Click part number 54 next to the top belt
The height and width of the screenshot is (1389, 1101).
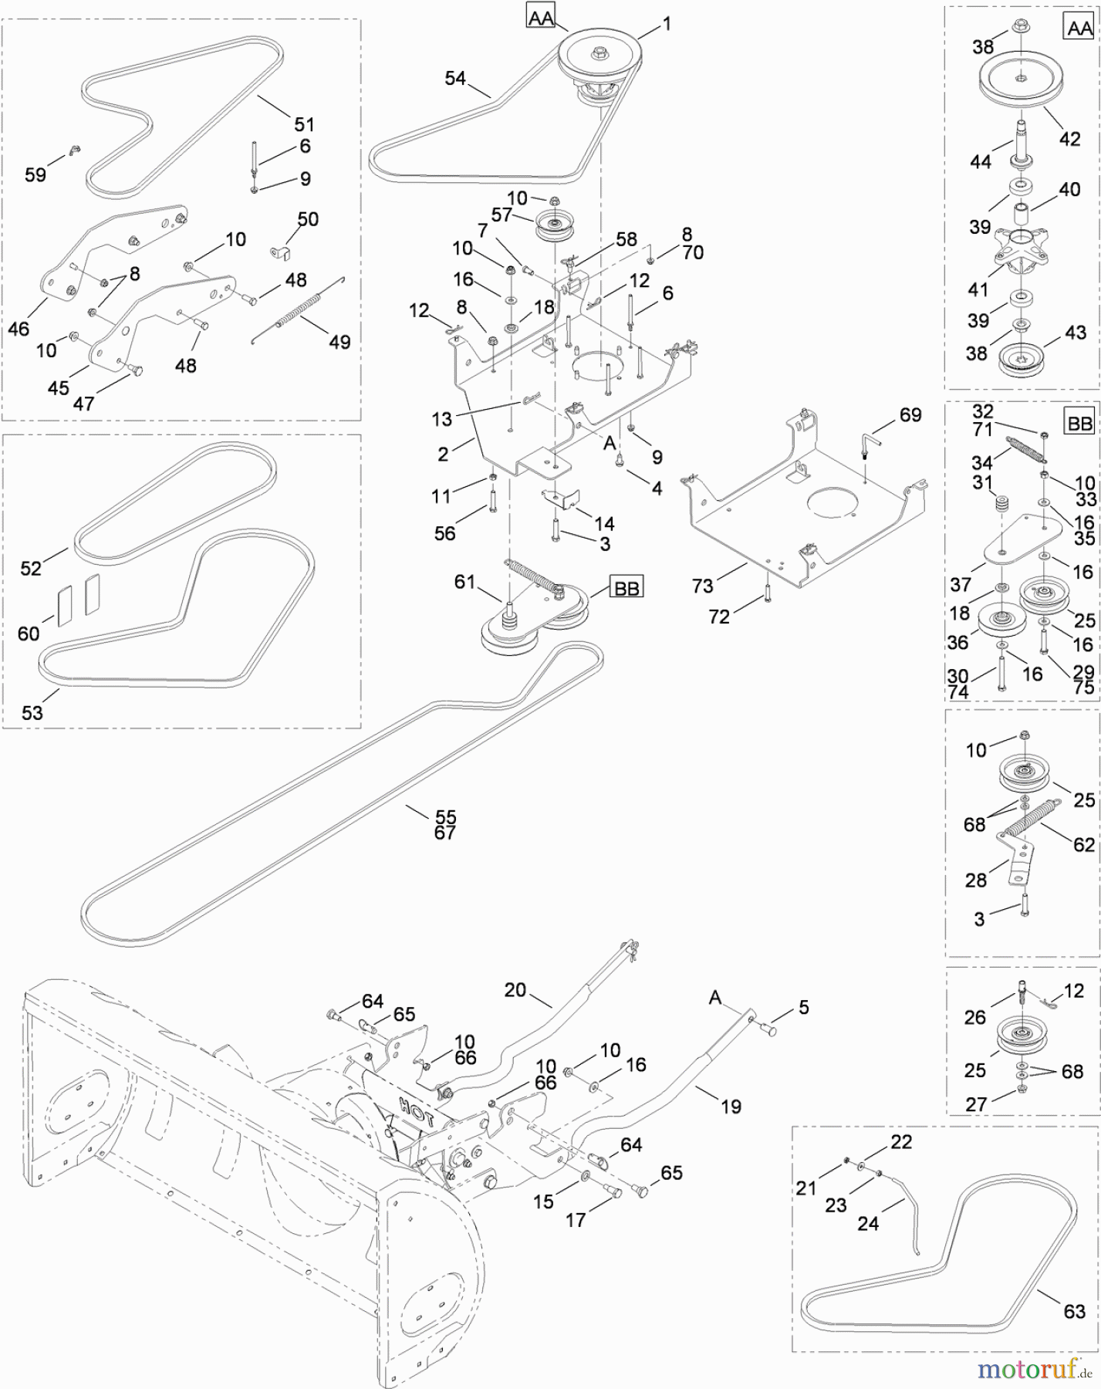455,78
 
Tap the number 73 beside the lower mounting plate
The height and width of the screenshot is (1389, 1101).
703,586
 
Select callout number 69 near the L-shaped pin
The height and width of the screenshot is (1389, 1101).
910,415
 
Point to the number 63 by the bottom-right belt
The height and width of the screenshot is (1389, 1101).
1074,1310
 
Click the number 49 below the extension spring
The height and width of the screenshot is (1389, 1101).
339,341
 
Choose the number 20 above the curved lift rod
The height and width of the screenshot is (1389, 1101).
515,989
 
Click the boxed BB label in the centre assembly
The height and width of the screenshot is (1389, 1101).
626,587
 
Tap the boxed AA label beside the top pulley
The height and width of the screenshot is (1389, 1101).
541,16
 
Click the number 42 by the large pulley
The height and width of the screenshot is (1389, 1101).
1069,139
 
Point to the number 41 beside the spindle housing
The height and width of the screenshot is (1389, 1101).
978,289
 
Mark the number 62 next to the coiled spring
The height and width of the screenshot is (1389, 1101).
1084,844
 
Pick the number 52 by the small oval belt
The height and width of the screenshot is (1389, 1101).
31,569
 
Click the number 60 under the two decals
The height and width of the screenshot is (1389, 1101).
29,634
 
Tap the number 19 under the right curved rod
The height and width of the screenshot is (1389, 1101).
731,1107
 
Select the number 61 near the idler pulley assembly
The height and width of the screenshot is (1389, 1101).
464,581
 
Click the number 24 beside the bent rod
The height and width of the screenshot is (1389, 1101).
868,1223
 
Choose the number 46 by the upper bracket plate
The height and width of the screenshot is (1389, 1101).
19,329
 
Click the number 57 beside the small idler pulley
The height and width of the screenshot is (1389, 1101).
502,215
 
